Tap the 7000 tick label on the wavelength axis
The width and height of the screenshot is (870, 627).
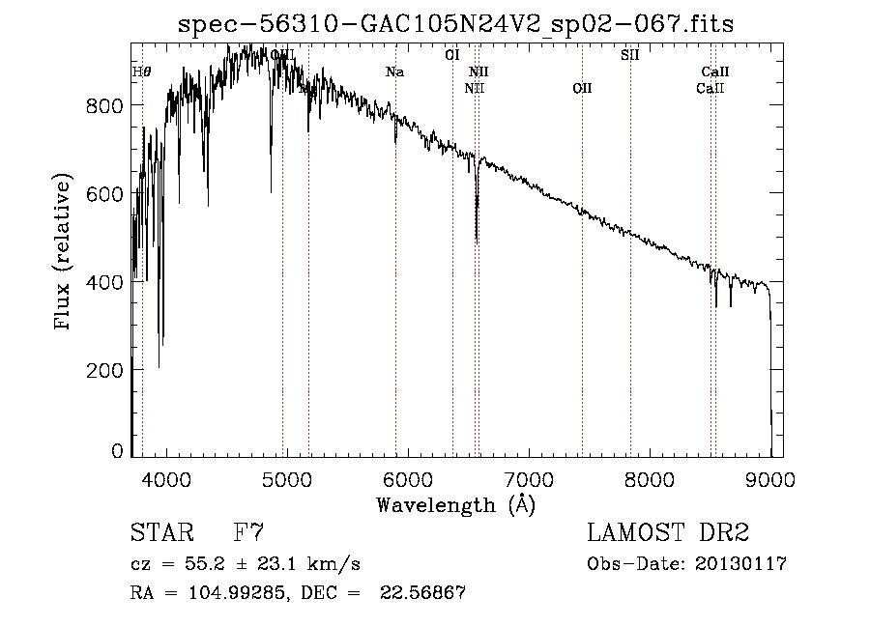coord(529,479)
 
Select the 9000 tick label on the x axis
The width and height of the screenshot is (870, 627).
coord(770,479)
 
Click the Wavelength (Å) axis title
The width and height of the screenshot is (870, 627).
coord(455,504)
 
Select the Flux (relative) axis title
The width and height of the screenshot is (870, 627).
coord(65,253)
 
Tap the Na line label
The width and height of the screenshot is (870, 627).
coord(394,71)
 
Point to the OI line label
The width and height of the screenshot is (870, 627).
coord(451,55)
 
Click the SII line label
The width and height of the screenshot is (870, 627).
coord(629,55)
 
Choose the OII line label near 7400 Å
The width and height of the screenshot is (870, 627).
coord(582,89)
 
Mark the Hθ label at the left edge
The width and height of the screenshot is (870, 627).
coord(141,71)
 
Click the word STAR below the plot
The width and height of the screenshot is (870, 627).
coord(159,533)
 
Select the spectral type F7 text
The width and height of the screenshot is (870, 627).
coord(248,533)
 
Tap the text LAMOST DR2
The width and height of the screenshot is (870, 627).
coord(668,533)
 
